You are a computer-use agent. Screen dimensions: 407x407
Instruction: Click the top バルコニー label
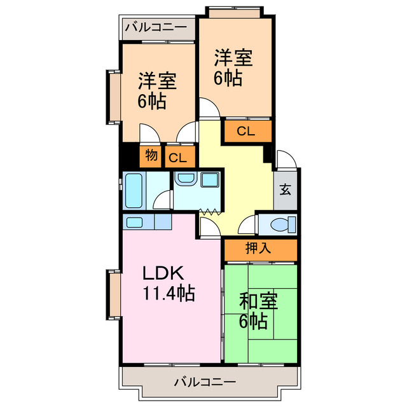pos(156,27)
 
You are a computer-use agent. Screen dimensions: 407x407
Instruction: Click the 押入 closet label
pos(258,249)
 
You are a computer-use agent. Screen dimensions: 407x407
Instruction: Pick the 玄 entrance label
pos(286,190)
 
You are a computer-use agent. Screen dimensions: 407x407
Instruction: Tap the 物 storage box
pos(151,155)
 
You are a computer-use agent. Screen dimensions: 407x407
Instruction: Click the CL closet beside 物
pos(179,157)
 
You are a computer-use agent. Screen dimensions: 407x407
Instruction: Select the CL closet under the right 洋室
pos(246,132)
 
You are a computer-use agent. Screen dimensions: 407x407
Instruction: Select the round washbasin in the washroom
pos(186,179)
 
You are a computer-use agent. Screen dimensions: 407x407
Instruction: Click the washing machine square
pos(209,179)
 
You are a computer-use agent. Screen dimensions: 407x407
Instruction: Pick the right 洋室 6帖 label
pos(232,67)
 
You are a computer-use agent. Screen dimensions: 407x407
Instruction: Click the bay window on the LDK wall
pos(113,294)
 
